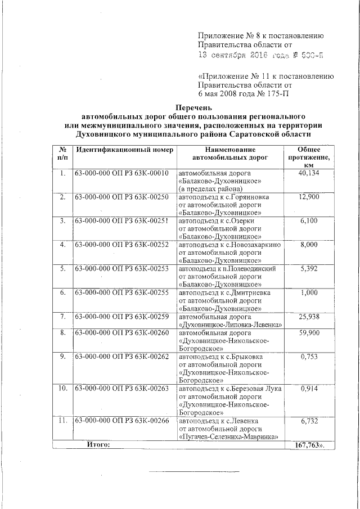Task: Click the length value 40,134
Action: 309,173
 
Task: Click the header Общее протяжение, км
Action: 309,157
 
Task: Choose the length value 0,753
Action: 309,357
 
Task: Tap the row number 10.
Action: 62,389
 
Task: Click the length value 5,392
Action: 309,269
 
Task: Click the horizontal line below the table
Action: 193,471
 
